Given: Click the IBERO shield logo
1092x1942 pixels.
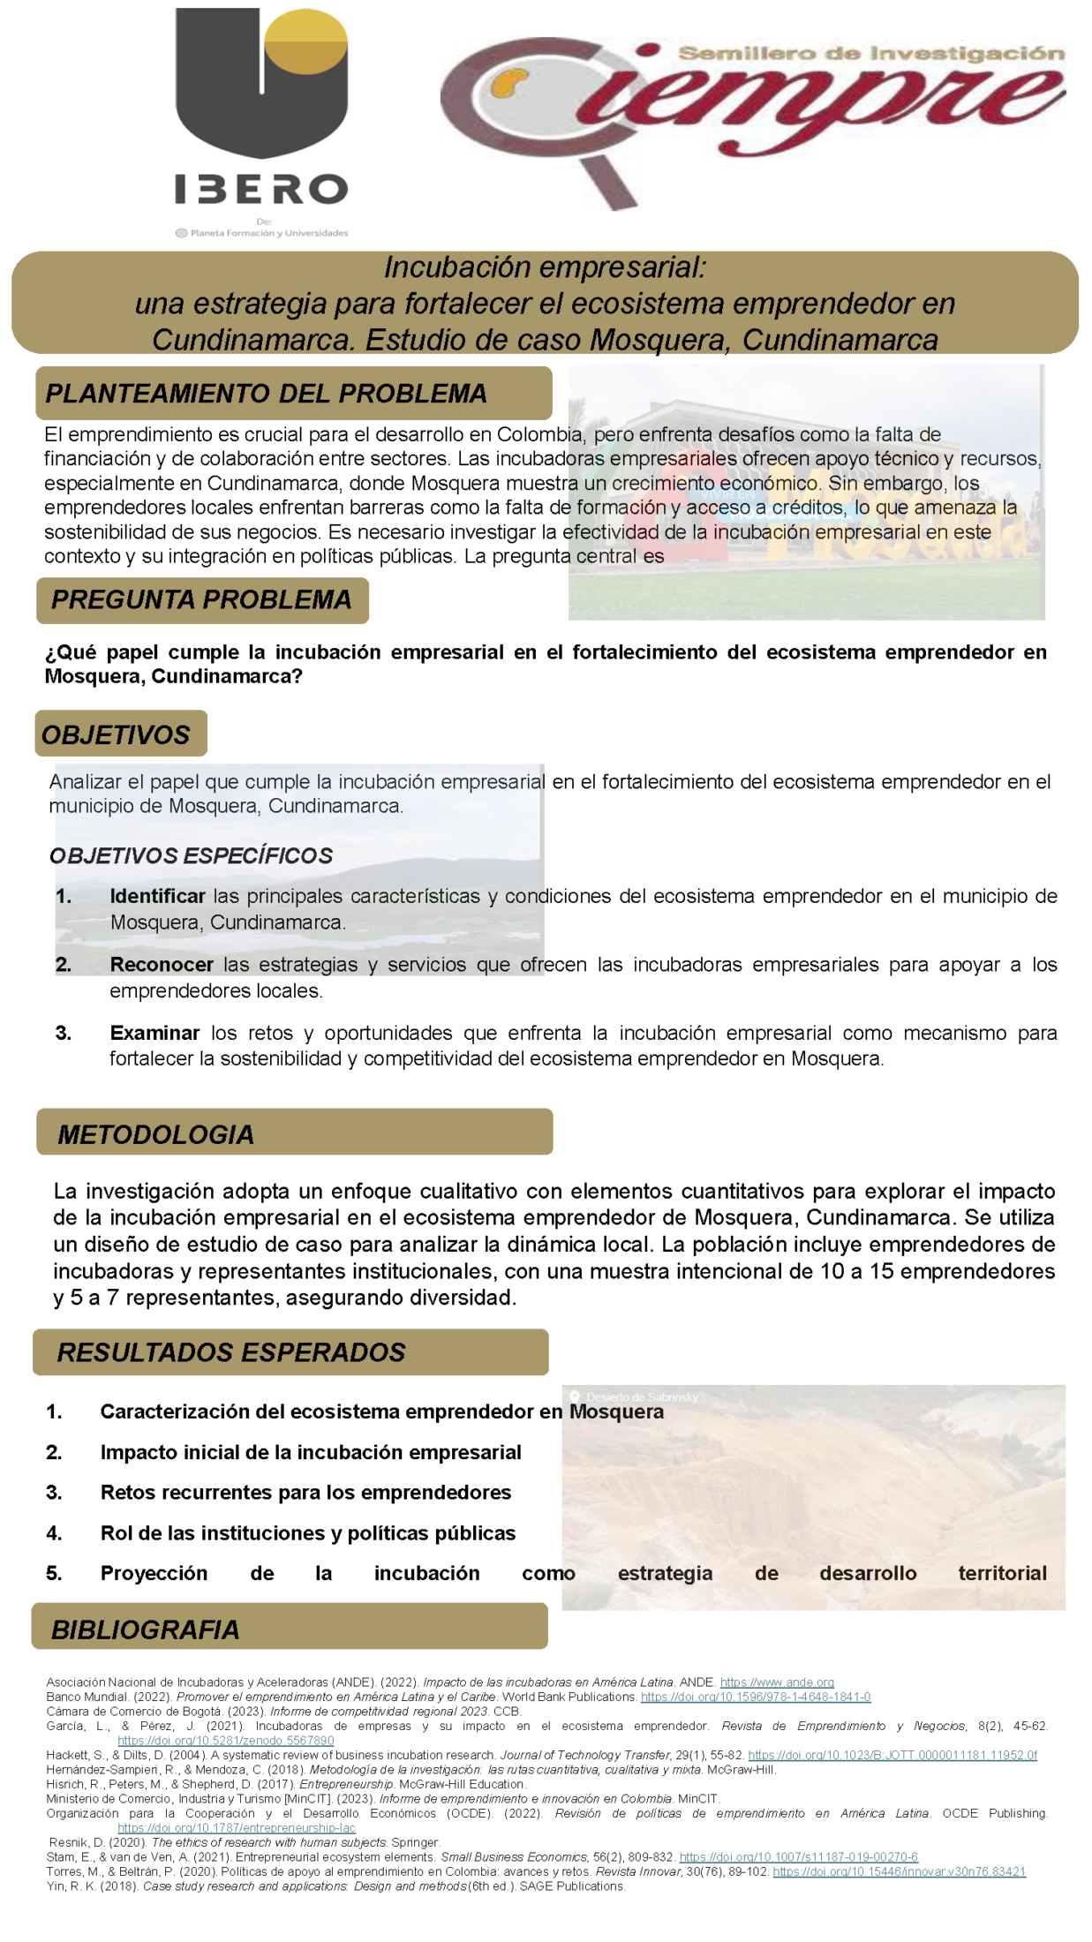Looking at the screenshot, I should coord(261,84).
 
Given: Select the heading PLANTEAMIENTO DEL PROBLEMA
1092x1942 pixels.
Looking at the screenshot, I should coord(266,394).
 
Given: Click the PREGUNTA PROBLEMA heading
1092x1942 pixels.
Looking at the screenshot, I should coord(201,600).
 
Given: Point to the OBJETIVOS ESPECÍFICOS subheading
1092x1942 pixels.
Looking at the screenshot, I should coord(191,855).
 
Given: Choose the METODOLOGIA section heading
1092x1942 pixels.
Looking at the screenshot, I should coord(155,1134).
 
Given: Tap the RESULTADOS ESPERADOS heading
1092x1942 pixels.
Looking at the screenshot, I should coord(230,1352).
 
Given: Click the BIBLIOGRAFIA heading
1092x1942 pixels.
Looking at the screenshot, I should coord(145,1630).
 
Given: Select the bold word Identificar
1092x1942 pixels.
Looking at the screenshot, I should coord(157,896).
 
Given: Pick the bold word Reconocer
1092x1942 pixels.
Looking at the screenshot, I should coord(162,965).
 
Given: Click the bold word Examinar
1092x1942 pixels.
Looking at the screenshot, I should coord(154,1033).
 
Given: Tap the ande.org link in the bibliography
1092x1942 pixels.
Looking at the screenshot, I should coord(777,1682).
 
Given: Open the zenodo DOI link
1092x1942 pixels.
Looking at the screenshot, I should coord(226,1741).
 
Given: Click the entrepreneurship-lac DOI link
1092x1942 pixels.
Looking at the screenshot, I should coord(237,1828).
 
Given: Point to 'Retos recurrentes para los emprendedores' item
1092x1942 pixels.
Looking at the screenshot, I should coord(305,1493).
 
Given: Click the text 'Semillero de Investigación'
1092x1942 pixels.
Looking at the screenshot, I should coord(870,54).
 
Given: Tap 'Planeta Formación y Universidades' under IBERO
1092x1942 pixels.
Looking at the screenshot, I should coord(268,233).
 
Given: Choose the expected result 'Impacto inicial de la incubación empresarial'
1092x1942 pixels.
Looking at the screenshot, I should coord(310,1452).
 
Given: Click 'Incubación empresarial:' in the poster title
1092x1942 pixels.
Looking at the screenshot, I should coord(545,267).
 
